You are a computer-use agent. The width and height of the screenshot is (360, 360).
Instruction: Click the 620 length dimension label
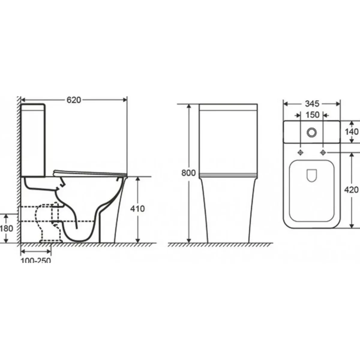[74, 100]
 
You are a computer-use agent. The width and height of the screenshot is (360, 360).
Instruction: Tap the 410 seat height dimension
[137, 209]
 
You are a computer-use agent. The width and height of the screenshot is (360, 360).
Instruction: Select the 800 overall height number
[188, 173]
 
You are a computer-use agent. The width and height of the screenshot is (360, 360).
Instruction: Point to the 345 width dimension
[312, 104]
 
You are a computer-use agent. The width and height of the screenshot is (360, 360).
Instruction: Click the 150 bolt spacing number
[312, 115]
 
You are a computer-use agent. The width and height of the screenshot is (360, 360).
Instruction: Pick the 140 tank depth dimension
[352, 132]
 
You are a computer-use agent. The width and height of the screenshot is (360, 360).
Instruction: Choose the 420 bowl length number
[351, 190]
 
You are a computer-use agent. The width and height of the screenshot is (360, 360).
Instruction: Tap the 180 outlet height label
[7, 229]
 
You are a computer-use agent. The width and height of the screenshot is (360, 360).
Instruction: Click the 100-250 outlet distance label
[36, 260]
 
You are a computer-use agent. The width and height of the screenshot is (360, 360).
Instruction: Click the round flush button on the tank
[312, 132]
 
